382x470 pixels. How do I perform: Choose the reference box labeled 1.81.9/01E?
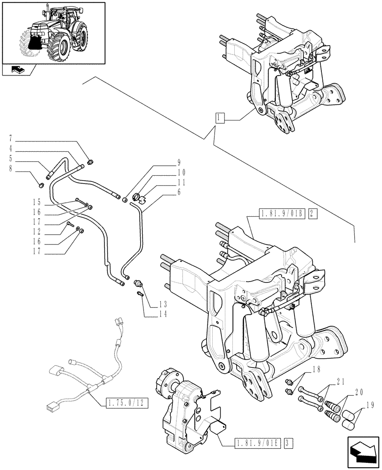257,443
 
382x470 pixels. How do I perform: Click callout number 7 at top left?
10,140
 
